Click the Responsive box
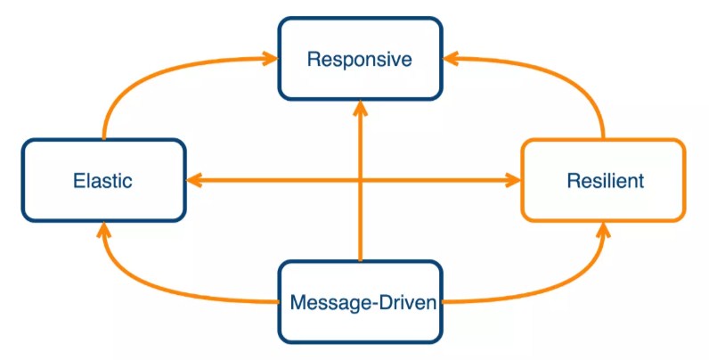(x=360, y=60)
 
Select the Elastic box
(x=103, y=180)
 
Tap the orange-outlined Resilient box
(x=604, y=180)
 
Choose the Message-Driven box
(x=360, y=302)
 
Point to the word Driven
(x=406, y=302)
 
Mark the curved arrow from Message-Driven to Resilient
(x=570, y=285)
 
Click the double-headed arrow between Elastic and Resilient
(x=267, y=180)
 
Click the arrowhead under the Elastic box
(x=104, y=231)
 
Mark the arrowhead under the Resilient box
(x=603, y=231)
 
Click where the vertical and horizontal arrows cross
(x=360, y=180)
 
